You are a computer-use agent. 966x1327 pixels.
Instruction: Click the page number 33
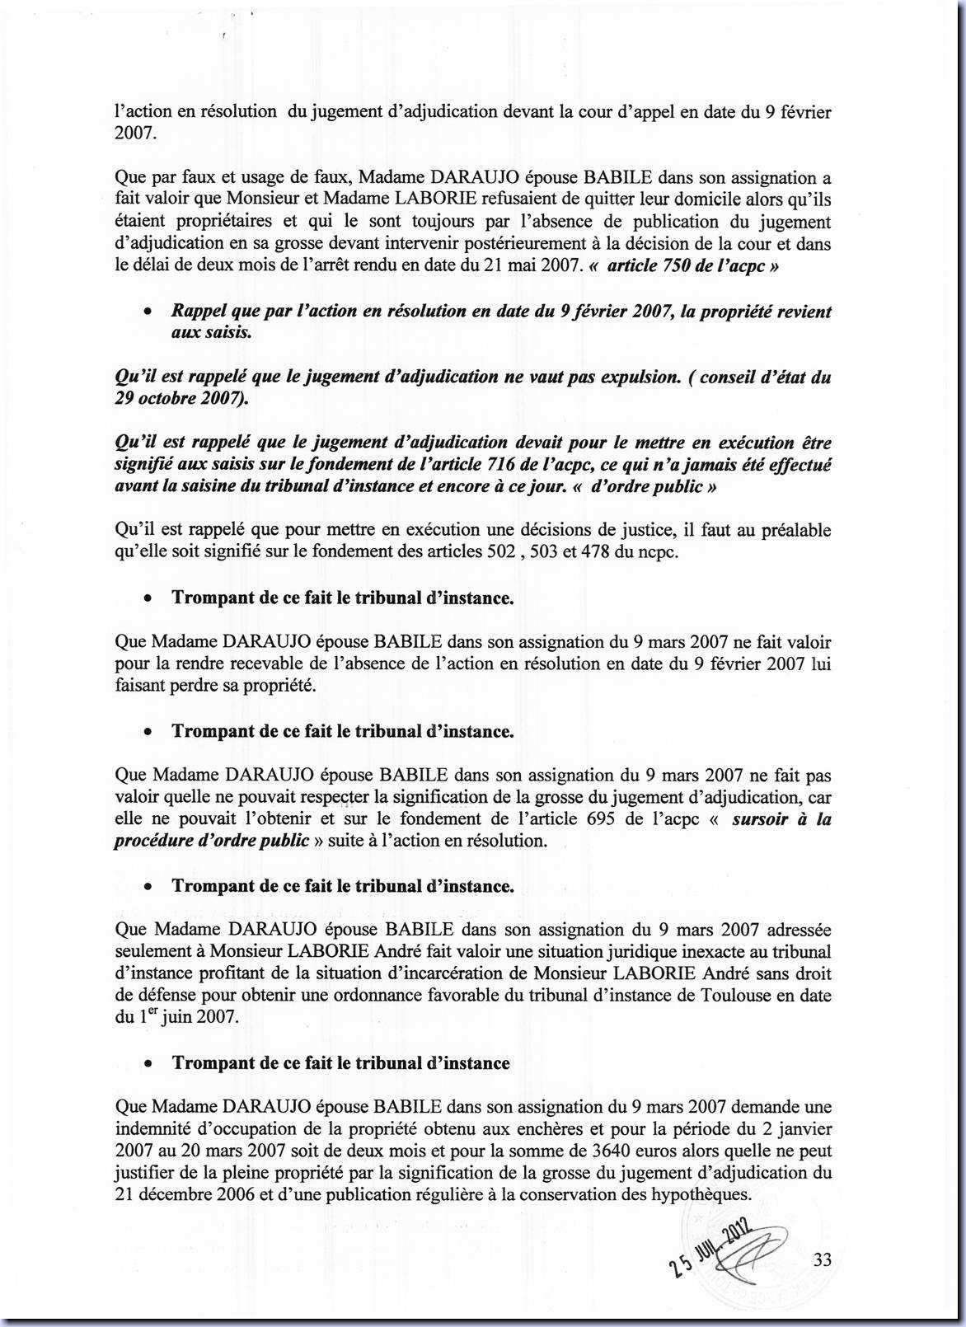tap(822, 1259)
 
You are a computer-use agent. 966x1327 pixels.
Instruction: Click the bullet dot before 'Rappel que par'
tap(147, 312)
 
